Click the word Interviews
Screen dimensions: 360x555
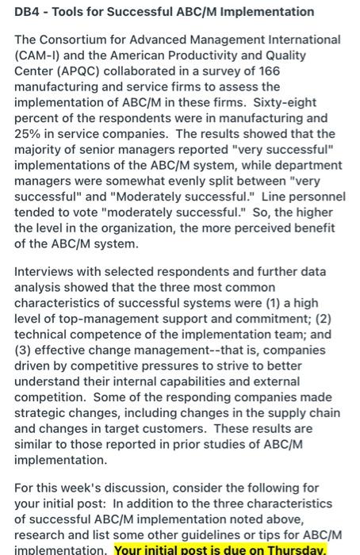[x=46, y=272]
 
